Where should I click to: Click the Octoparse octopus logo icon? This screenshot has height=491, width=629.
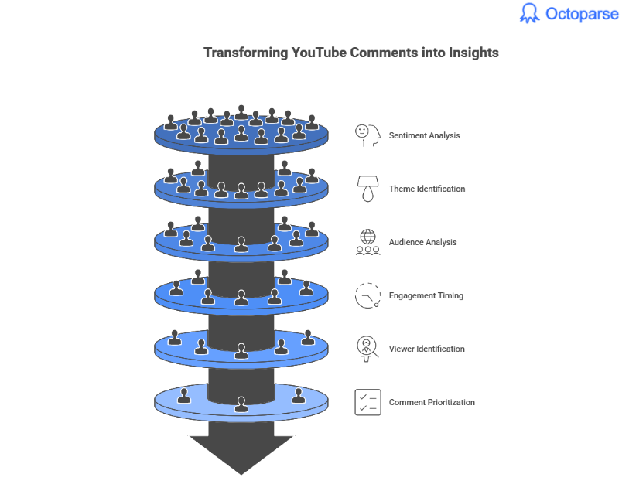[529, 13]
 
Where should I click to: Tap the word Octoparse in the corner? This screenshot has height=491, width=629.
[582, 14]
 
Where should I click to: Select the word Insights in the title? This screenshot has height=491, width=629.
[473, 53]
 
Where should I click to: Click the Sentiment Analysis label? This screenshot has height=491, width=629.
[424, 135]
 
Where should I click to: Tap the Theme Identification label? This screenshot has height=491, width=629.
[426, 189]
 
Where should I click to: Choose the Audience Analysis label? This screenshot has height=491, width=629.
[422, 242]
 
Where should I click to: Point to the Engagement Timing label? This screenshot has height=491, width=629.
[426, 295]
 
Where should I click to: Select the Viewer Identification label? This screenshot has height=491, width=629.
[426, 349]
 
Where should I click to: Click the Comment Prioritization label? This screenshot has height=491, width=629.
[432, 402]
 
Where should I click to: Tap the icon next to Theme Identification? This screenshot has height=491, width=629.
[367, 188]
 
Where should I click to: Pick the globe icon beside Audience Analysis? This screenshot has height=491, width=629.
[367, 241]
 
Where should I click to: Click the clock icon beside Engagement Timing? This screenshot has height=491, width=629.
[367, 295]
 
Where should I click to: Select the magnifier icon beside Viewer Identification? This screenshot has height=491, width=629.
[367, 349]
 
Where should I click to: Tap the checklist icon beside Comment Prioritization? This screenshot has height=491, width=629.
[367, 402]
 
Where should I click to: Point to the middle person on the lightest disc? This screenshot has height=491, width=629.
[241, 403]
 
